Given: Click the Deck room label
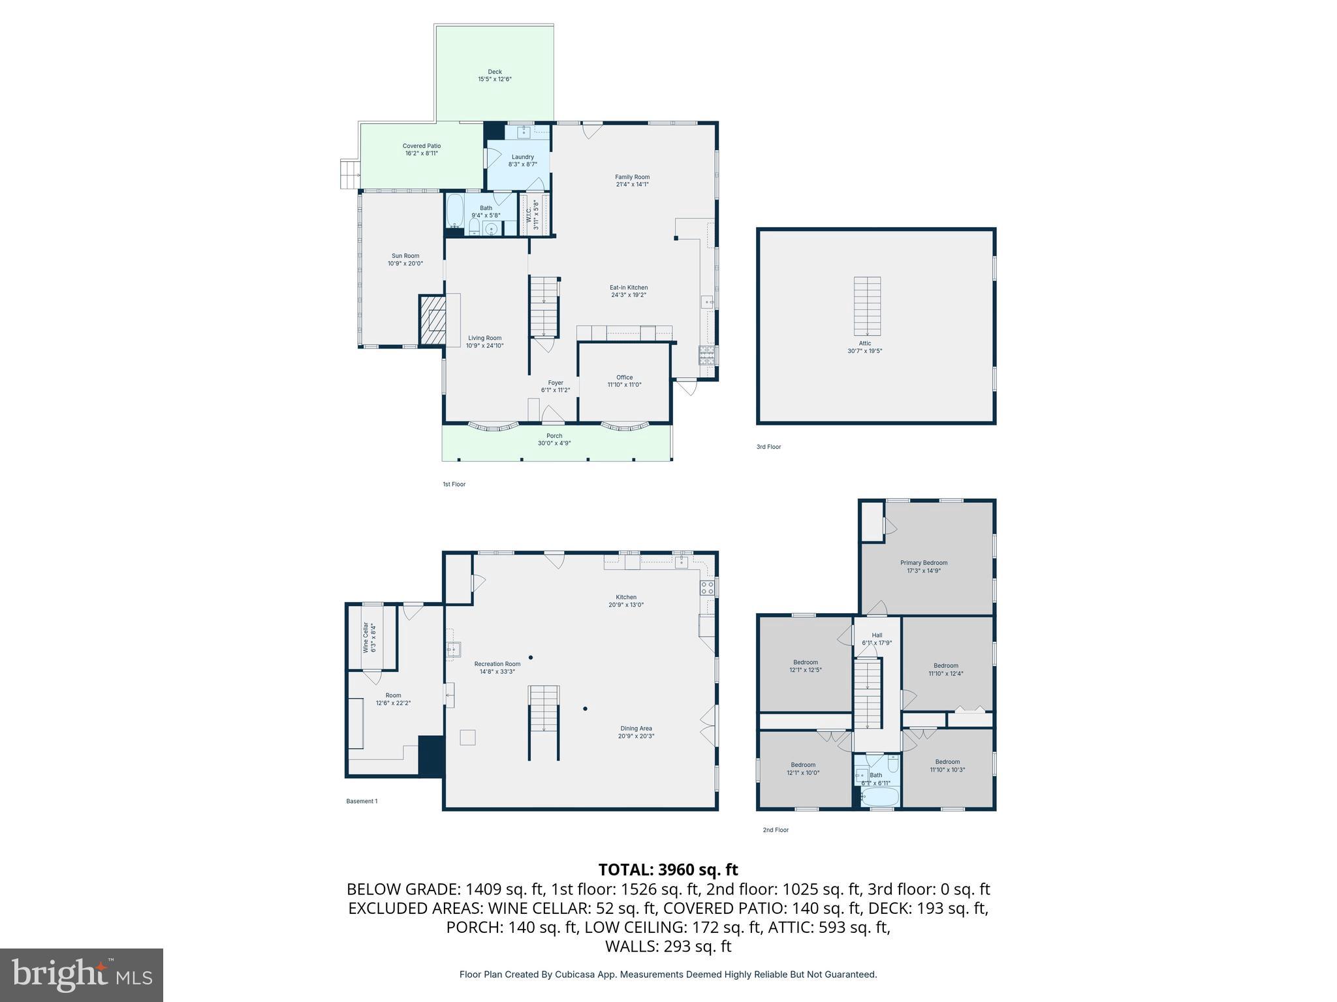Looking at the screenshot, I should click(494, 72).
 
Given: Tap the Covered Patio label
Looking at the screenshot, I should click(421, 146).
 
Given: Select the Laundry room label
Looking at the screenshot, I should click(522, 157).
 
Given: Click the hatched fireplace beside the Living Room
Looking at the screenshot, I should click(432, 320).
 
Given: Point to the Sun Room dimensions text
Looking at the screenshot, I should click(405, 264).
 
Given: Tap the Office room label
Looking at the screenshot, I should click(624, 378).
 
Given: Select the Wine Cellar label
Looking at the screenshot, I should click(366, 637).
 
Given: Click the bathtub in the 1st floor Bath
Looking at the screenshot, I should click(455, 210).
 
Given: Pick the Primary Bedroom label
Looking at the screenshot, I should click(923, 563).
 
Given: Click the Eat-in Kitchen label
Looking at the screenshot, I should click(629, 288).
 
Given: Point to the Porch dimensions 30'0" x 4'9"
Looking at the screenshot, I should click(554, 444).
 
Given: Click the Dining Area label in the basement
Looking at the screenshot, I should click(636, 729).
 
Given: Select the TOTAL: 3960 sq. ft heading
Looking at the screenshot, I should click(668, 870).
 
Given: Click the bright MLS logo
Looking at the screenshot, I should click(82, 975).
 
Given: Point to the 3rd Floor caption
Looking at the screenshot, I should click(768, 447).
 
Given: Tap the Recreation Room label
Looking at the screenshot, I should click(497, 664).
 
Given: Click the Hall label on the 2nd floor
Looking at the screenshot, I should click(877, 635).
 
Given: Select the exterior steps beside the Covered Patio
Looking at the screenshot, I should click(350, 174).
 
